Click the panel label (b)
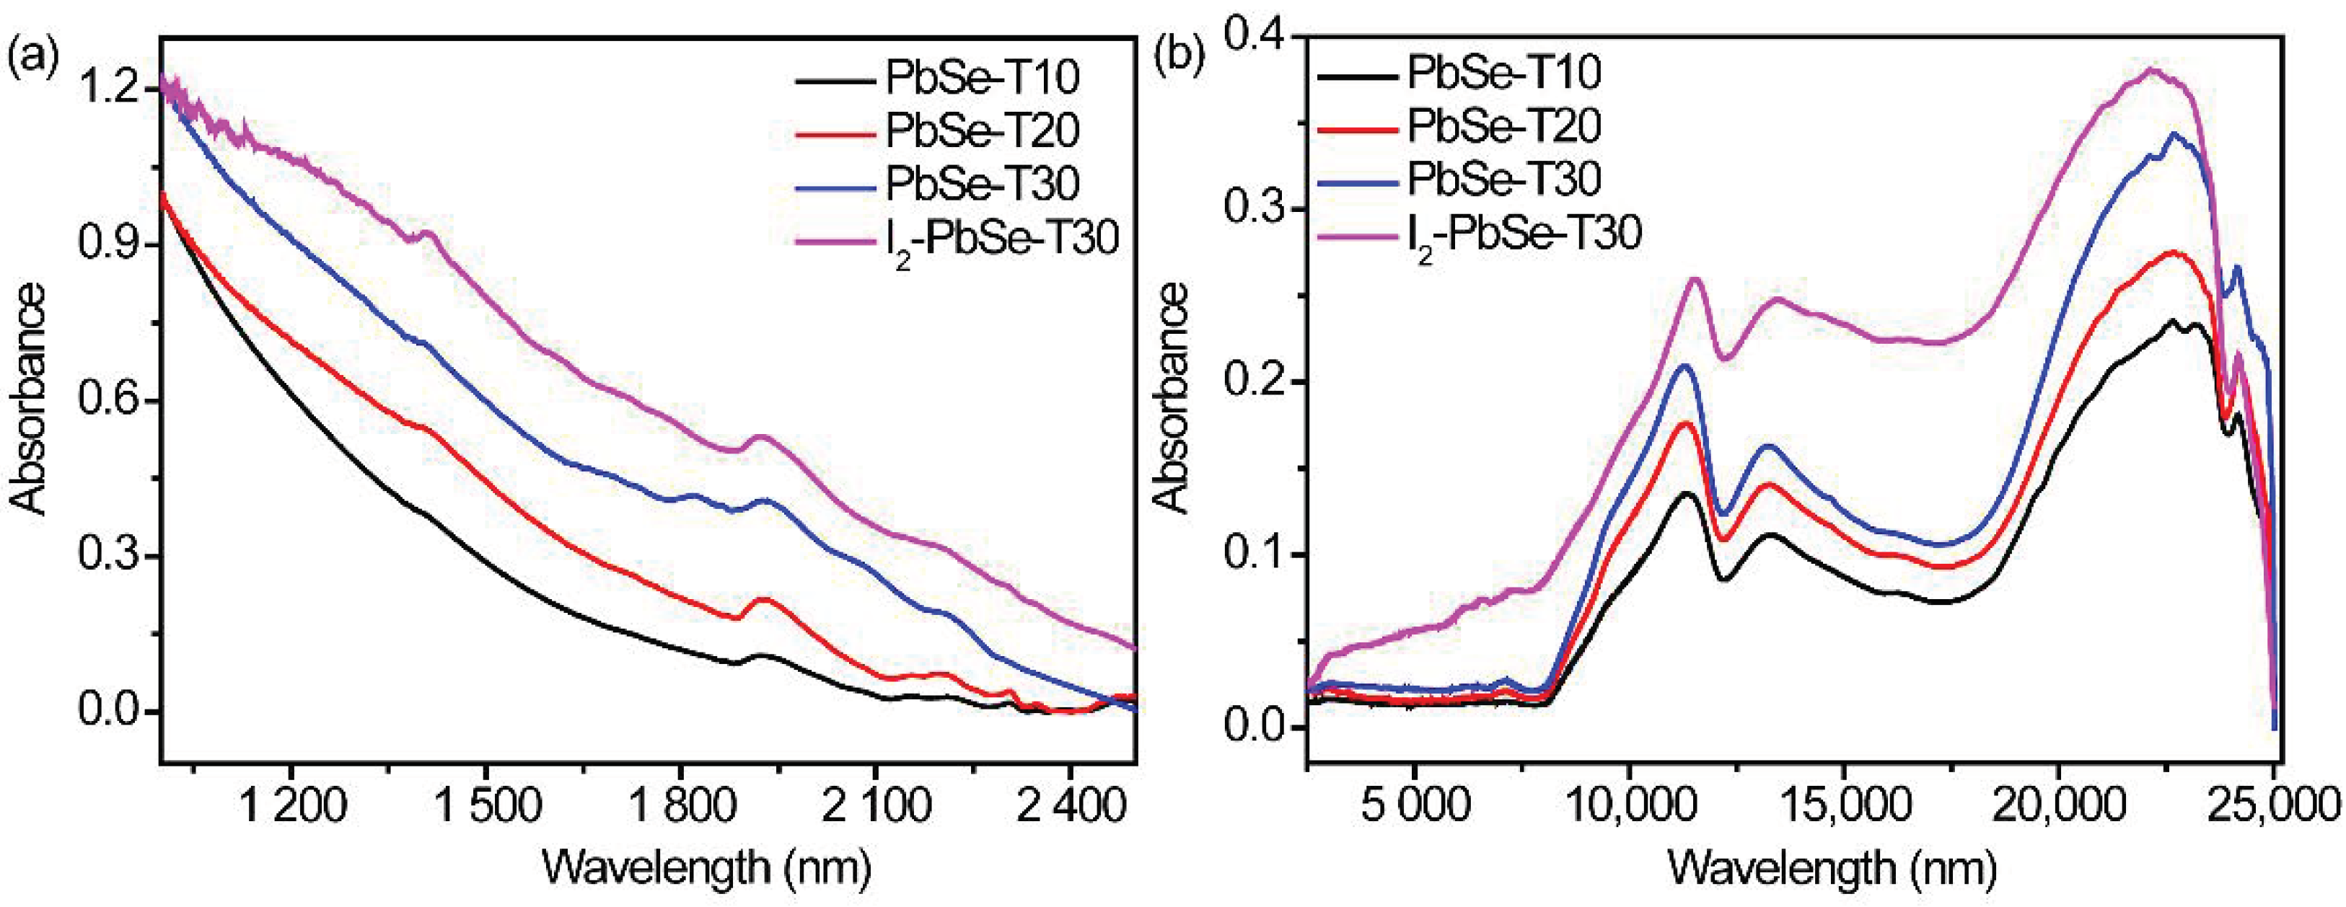pos(1179,58)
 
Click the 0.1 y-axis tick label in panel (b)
pos(1253,555)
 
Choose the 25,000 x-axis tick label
pos(2277,806)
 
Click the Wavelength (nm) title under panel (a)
pos(706,867)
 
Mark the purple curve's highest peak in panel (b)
pos(2151,69)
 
